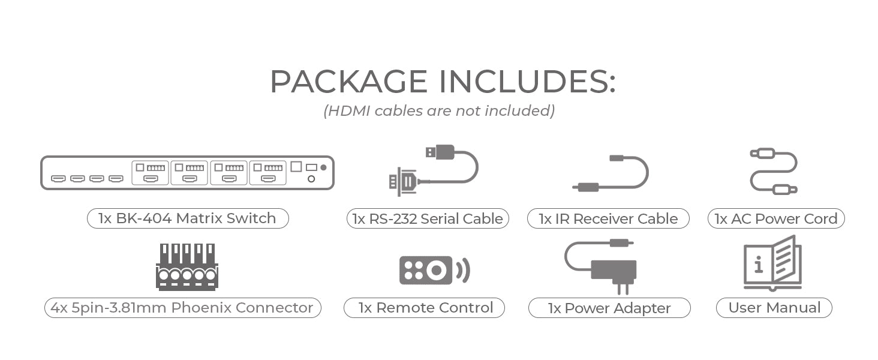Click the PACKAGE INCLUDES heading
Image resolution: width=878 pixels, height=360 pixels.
coord(442,82)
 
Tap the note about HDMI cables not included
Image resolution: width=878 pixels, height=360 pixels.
coord(439,111)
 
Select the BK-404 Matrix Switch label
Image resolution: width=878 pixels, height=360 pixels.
coord(187,218)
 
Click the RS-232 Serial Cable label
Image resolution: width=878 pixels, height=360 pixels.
coord(428,219)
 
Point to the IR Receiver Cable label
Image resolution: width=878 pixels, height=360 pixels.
coord(608,219)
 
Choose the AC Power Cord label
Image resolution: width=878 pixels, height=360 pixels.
coord(776,219)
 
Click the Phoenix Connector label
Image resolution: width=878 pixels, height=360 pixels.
coord(182,308)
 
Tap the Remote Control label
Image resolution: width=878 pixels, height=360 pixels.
coord(425,308)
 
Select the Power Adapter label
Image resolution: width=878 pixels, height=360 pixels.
coord(609,308)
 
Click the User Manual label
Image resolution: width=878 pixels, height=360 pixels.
coord(774,308)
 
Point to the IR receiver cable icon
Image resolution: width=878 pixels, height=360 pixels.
coord(611,174)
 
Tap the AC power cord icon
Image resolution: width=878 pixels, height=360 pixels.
coord(774,172)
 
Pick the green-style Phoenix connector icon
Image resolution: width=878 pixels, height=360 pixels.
coord(187,267)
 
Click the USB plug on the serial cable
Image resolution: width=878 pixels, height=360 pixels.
coord(441,152)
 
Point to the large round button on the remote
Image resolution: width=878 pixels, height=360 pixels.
coord(437,270)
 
